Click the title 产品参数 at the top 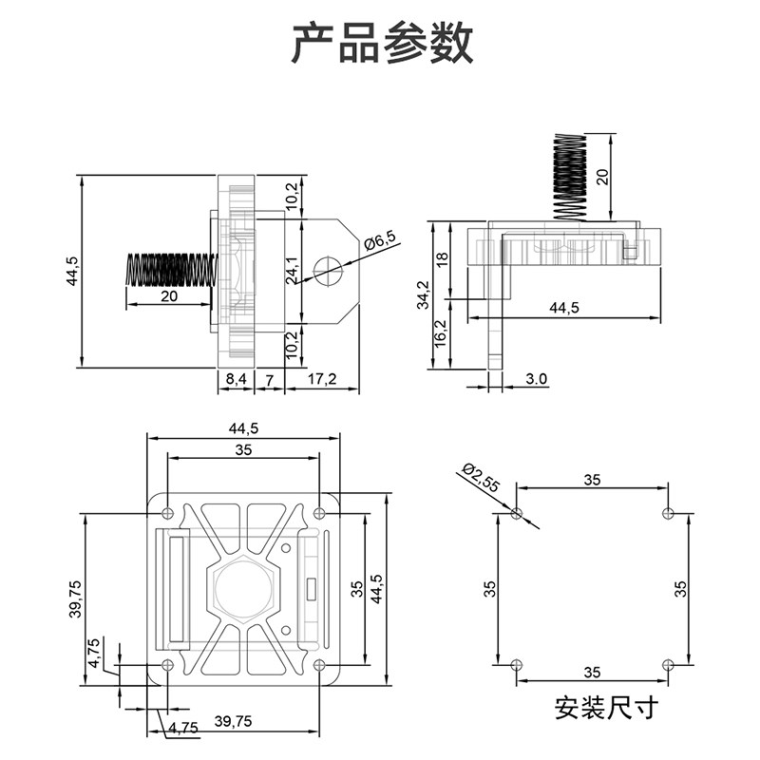381,44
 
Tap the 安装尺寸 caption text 605,708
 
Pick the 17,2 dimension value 323,379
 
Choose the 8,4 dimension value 234,379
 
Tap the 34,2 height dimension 436,295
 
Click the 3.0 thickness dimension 536,379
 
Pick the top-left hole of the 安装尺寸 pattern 517,514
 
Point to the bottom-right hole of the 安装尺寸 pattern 668,663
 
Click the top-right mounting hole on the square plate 320,514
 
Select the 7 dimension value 270,379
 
